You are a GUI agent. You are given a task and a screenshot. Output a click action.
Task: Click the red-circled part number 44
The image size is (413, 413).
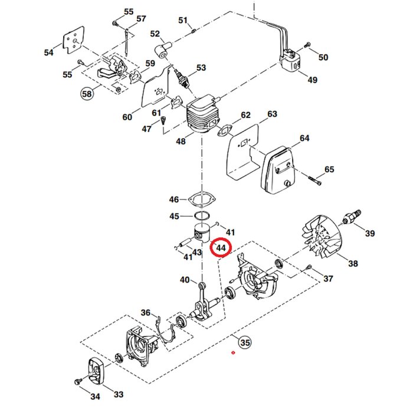(221, 248)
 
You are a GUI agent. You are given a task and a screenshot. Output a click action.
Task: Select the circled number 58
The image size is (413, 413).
(87, 93)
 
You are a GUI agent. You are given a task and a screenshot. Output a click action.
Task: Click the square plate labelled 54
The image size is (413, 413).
(74, 42)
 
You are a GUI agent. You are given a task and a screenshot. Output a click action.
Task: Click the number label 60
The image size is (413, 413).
(127, 117)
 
